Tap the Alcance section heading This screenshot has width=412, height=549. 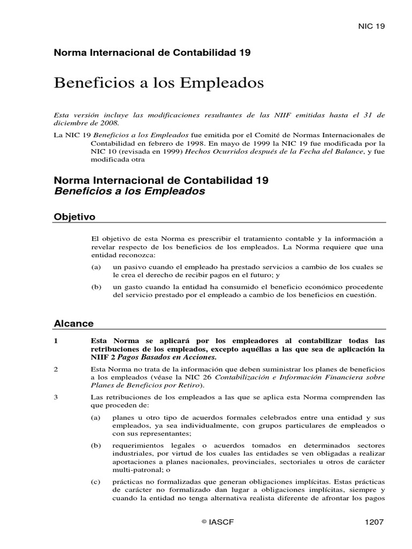tap(74, 323)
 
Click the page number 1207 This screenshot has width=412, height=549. tap(374, 521)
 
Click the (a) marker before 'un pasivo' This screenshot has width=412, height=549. tap(97, 266)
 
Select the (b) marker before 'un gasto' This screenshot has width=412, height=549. tap(97, 287)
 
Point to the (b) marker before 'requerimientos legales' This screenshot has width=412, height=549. tap(97, 446)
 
